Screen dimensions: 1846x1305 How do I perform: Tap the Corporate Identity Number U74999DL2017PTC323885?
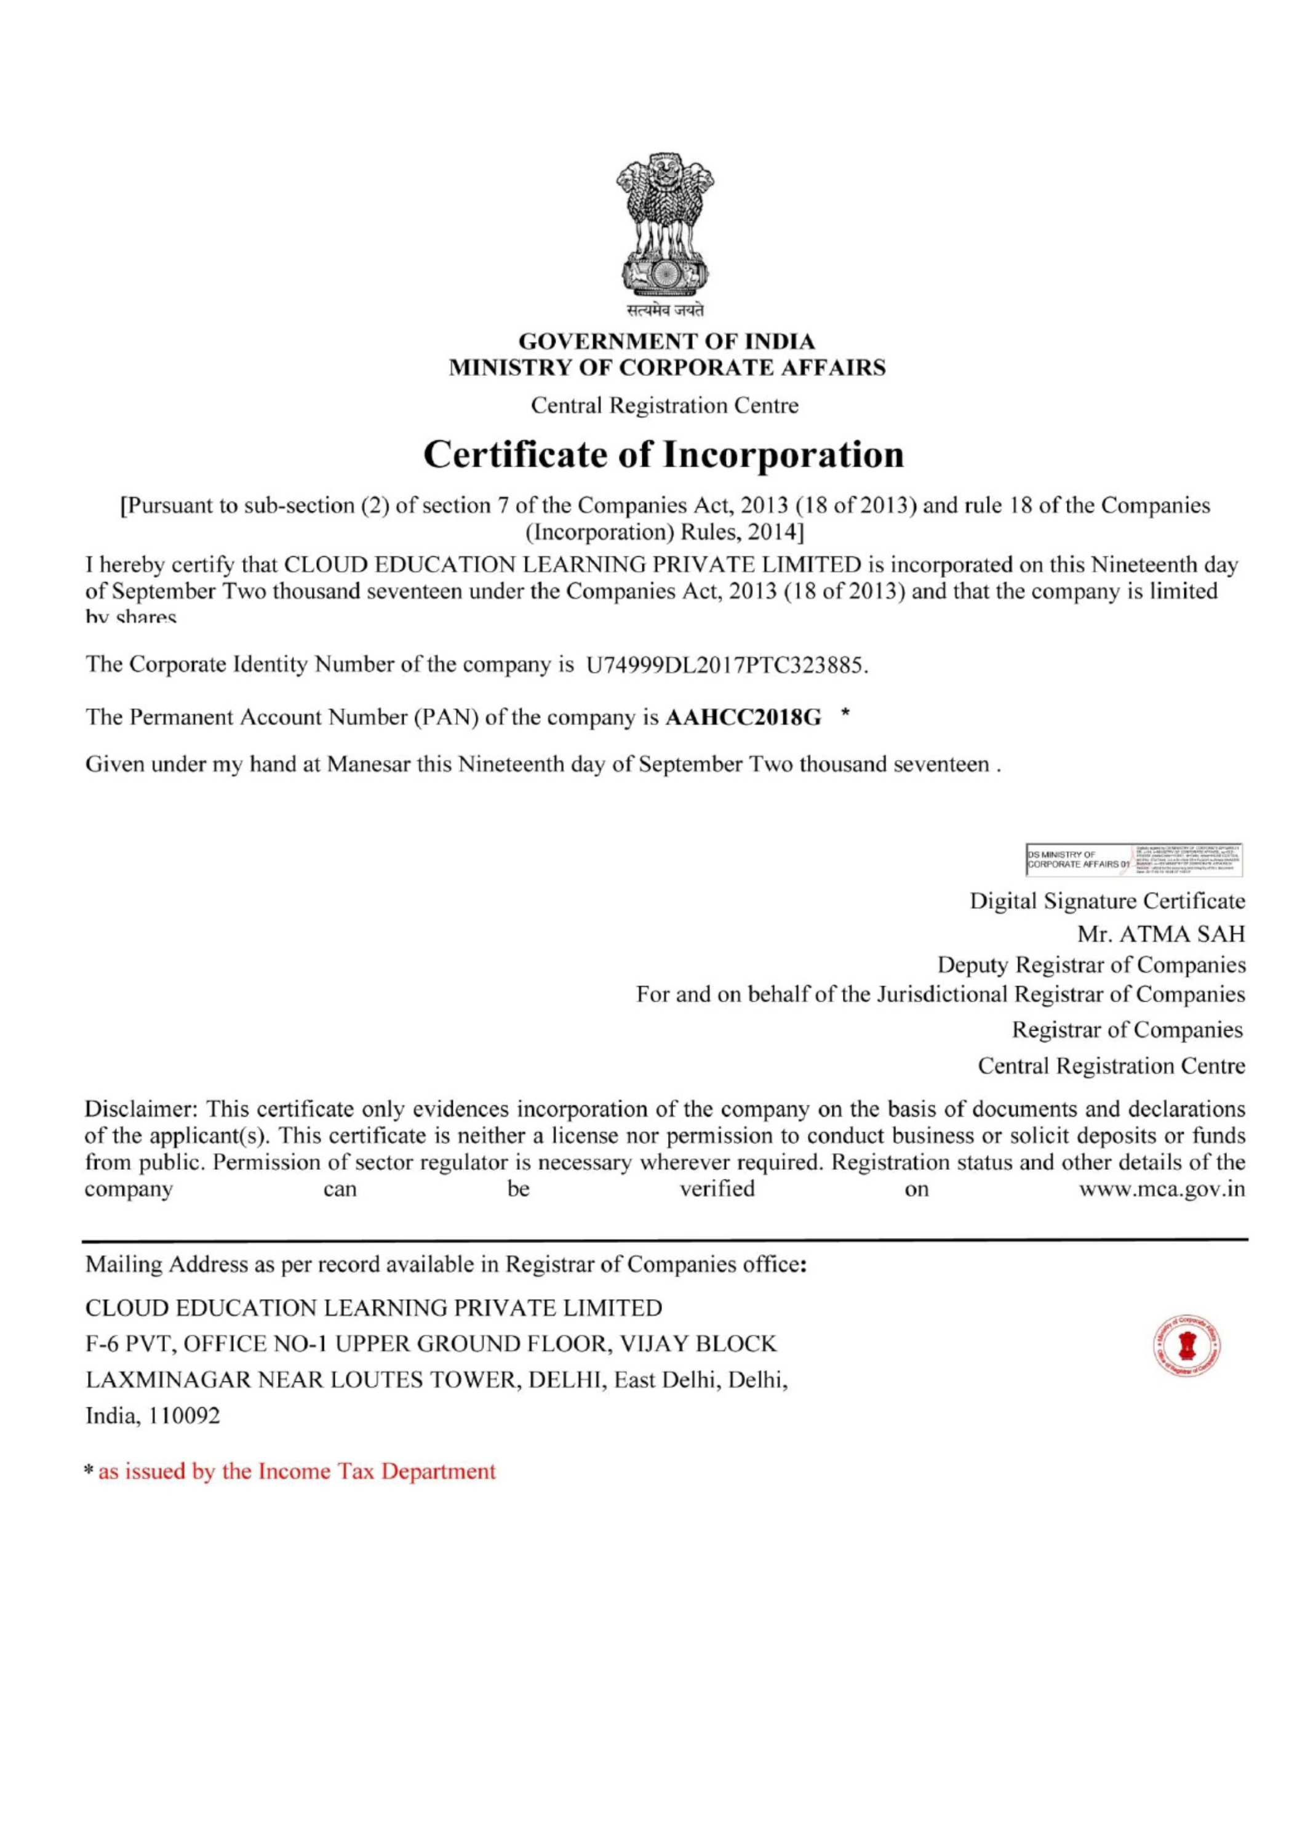click(x=728, y=666)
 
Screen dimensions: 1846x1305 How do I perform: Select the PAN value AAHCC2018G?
click(x=744, y=718)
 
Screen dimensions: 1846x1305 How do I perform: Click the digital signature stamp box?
click(x=1135, y=858)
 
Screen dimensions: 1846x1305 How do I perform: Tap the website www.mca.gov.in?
click(x=1162, y=1189)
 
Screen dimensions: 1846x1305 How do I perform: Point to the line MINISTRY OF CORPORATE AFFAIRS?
click(x=666, y=368)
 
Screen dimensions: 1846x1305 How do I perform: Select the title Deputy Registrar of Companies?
click(x=1091, y=965)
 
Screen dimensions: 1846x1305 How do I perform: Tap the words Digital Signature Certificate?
click(x=1107, y=901)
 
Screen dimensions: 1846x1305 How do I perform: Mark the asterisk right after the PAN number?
click(x=844, y=713)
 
